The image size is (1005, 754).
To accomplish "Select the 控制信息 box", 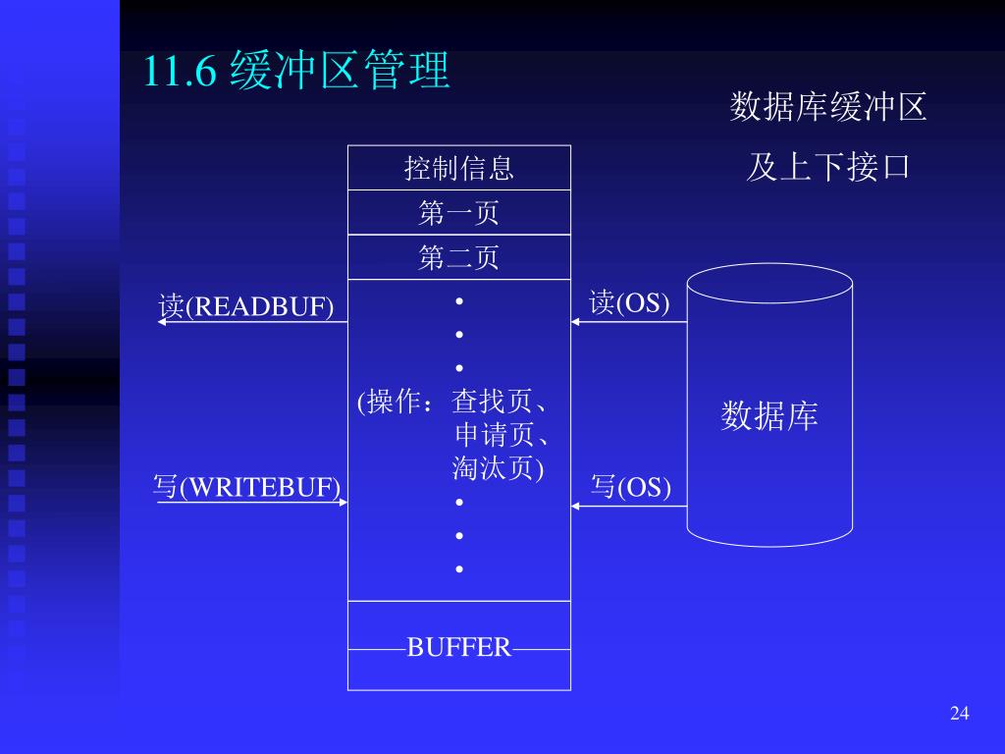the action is click(458, 168).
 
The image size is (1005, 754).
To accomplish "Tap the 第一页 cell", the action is click(458, 213).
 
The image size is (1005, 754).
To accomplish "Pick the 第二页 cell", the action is click(458, 258).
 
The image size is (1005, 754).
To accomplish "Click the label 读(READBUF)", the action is click(246, 306).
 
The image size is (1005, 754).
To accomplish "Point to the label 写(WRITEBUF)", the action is click(247, 487).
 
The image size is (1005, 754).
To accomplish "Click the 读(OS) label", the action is click(629, 302).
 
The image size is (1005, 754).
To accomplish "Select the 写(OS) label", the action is click(631, 486).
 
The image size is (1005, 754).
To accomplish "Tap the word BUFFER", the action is click(459, 648).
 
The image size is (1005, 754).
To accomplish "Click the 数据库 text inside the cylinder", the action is click(769, 416).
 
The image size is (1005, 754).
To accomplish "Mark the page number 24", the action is click(959, 713).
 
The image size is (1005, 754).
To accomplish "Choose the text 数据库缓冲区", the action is click(828, 107).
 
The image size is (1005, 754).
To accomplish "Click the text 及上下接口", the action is click(828, 167).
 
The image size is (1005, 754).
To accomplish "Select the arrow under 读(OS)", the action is click(629, 322).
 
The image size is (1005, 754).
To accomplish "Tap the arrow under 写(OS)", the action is click(629, 506).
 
